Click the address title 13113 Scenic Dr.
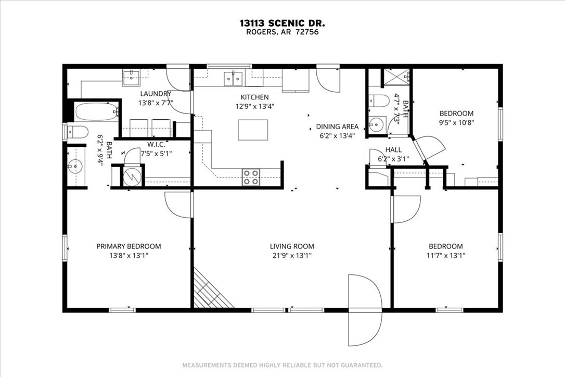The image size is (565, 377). tap(282, 23)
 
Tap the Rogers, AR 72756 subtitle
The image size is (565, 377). tap(282, 32)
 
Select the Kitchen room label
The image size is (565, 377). tap(254, 97)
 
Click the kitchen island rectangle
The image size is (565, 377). tap(253, 130)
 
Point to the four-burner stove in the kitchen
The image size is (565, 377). tap(251, 178)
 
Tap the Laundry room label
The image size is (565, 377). tap(155, 94)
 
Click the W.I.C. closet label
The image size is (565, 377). tap(156, 144)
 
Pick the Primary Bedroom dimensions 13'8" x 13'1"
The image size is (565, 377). tap(129, 256)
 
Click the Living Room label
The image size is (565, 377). tap(292, 246)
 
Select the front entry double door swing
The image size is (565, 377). tap(365, 309)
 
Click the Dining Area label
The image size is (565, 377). tap(337, 127)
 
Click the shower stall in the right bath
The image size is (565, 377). tap(396, 78)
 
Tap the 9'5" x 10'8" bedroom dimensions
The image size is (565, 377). tap(456, 123)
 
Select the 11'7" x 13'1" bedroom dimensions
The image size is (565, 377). tap(445, 256)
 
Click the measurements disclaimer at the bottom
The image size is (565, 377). tap(282, 365)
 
